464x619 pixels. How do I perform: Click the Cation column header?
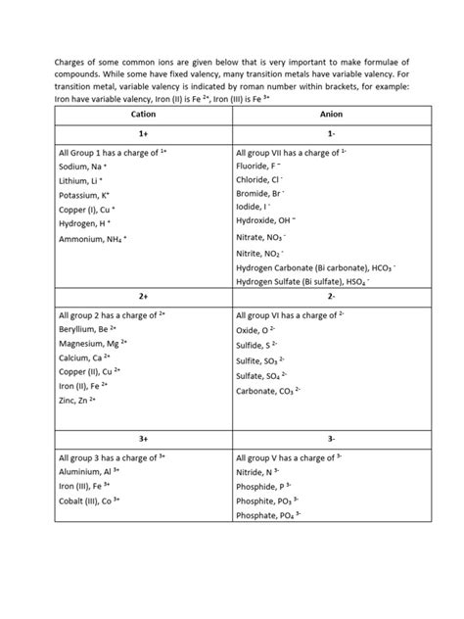coord(142,115)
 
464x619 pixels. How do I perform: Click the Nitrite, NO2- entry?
coord(264,253)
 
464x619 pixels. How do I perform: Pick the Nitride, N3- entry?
coord(258,471)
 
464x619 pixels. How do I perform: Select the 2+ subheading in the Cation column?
coord(142,295)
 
